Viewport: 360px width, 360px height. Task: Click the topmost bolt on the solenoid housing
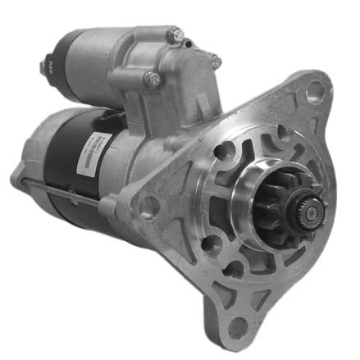pos(175,35)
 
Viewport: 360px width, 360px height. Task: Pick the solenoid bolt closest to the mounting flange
pos(214,60)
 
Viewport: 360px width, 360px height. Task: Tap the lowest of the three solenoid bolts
pos(153,79)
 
